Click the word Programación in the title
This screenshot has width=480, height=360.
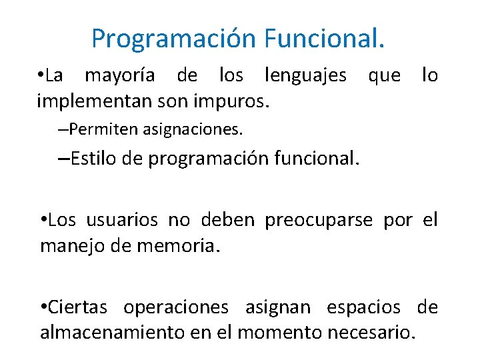tap(174, 39)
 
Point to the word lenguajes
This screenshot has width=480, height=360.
tap(305, 75)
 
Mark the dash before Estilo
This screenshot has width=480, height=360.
tap(63, 159)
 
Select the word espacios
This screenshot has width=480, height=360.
tap(363, 307)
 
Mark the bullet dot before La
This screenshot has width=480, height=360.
tap(41, 75)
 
